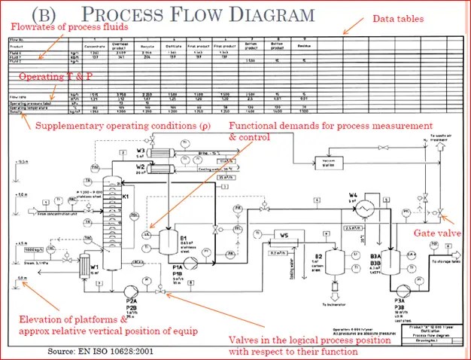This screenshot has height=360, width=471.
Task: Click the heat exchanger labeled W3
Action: (x=160, y=152)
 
